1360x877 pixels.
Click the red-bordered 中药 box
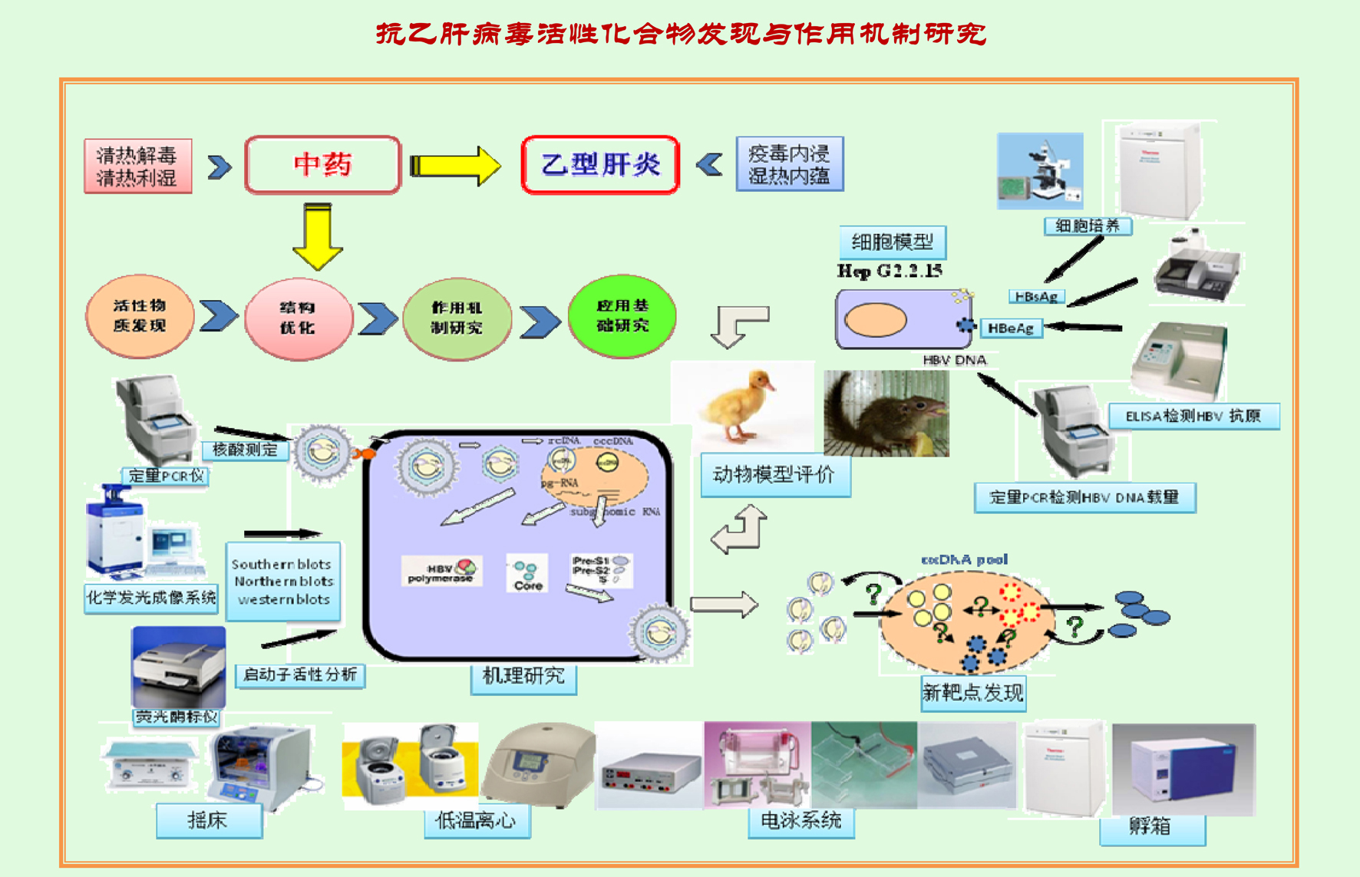[322, 164]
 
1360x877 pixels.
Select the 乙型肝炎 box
[600, 164]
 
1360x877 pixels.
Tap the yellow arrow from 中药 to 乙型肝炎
[454, 165]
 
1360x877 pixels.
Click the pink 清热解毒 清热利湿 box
[137, 166]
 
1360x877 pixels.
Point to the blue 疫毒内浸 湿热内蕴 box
[789, 164]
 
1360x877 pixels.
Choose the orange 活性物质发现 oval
[140, 315]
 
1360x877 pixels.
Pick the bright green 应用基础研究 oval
[622, 315]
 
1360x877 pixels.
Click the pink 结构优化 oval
[298, 318]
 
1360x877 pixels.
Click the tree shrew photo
[886, 414]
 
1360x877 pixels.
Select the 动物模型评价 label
[774, 475]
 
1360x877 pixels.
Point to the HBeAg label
[1011, 328]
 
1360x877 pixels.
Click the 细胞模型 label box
[892, 242]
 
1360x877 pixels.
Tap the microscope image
[1040, 171]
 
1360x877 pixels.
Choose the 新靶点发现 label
[972, 694]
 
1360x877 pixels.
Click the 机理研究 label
[523, 677]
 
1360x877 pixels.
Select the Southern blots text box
[282, 582]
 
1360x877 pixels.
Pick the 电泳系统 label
[800, 821]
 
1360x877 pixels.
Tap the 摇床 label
[208, 821]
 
